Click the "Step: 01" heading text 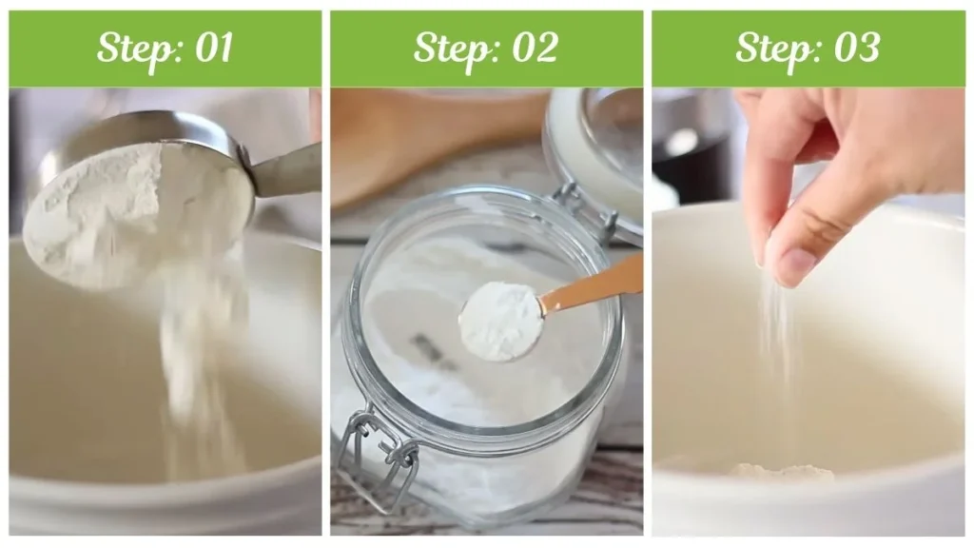pos(165,49)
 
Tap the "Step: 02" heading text pos(486,49)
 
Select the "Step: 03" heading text pos(808,49)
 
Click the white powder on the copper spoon pos(500,320)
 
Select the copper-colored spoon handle pos(594,284)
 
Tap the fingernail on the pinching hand pos(794,265)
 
